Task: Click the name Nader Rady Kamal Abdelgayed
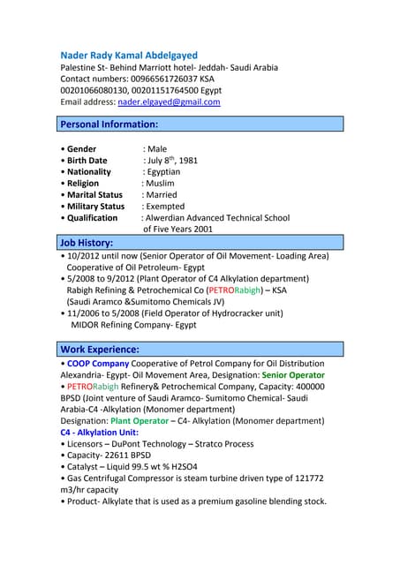tap(129, 55)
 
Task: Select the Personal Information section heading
tap(109, 124)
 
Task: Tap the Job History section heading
tap(86, 241)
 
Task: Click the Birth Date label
tap(87, 161)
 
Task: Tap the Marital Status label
tap(94, 194)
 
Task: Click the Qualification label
tap(92, 217)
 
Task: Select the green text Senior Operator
tap(293, 375)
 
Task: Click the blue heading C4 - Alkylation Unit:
tap(99, 433)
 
